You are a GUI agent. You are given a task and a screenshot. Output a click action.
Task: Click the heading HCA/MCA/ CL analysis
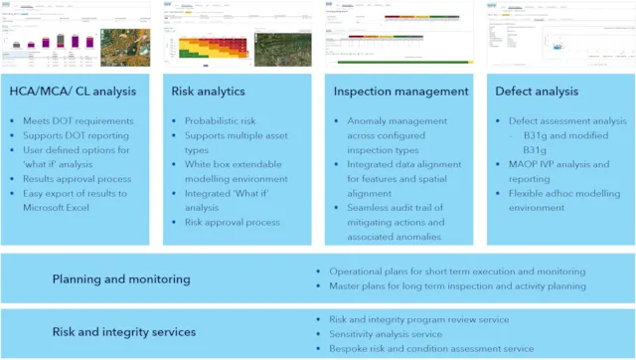(x=73, y=91)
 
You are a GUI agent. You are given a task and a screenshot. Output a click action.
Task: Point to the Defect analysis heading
(x=536, y=91)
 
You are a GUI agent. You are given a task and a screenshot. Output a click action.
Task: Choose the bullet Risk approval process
(x=232, y=223)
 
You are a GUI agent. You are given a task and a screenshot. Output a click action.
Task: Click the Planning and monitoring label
(x=120, y=279)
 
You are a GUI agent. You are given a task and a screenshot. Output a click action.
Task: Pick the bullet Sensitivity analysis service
(x=398, y=334)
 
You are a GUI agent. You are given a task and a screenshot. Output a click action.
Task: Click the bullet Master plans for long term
(x=448, y=286)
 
